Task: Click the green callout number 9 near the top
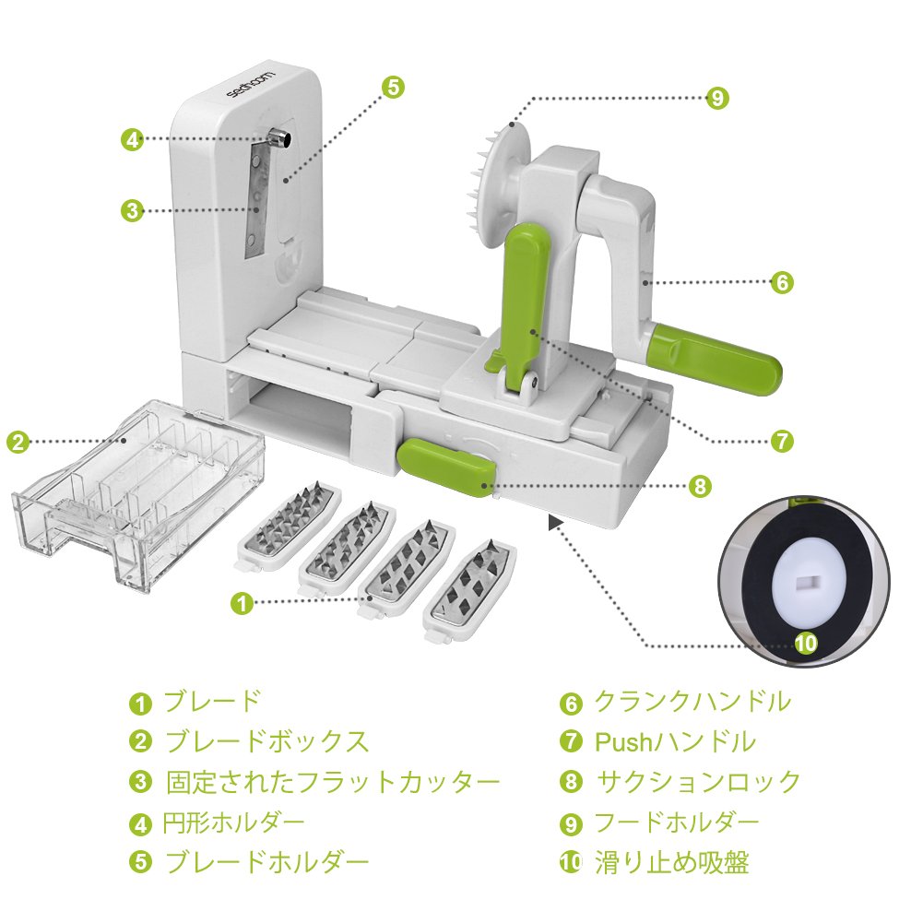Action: coord(717,99)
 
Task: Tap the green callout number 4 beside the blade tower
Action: coord(133,139)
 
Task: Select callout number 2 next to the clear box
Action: coord(18,441)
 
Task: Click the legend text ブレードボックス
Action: coord(266,740)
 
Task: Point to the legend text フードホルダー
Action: coord(677,822)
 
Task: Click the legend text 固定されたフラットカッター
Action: coord(333,782)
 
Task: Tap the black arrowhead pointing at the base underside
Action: coord(554,523)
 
